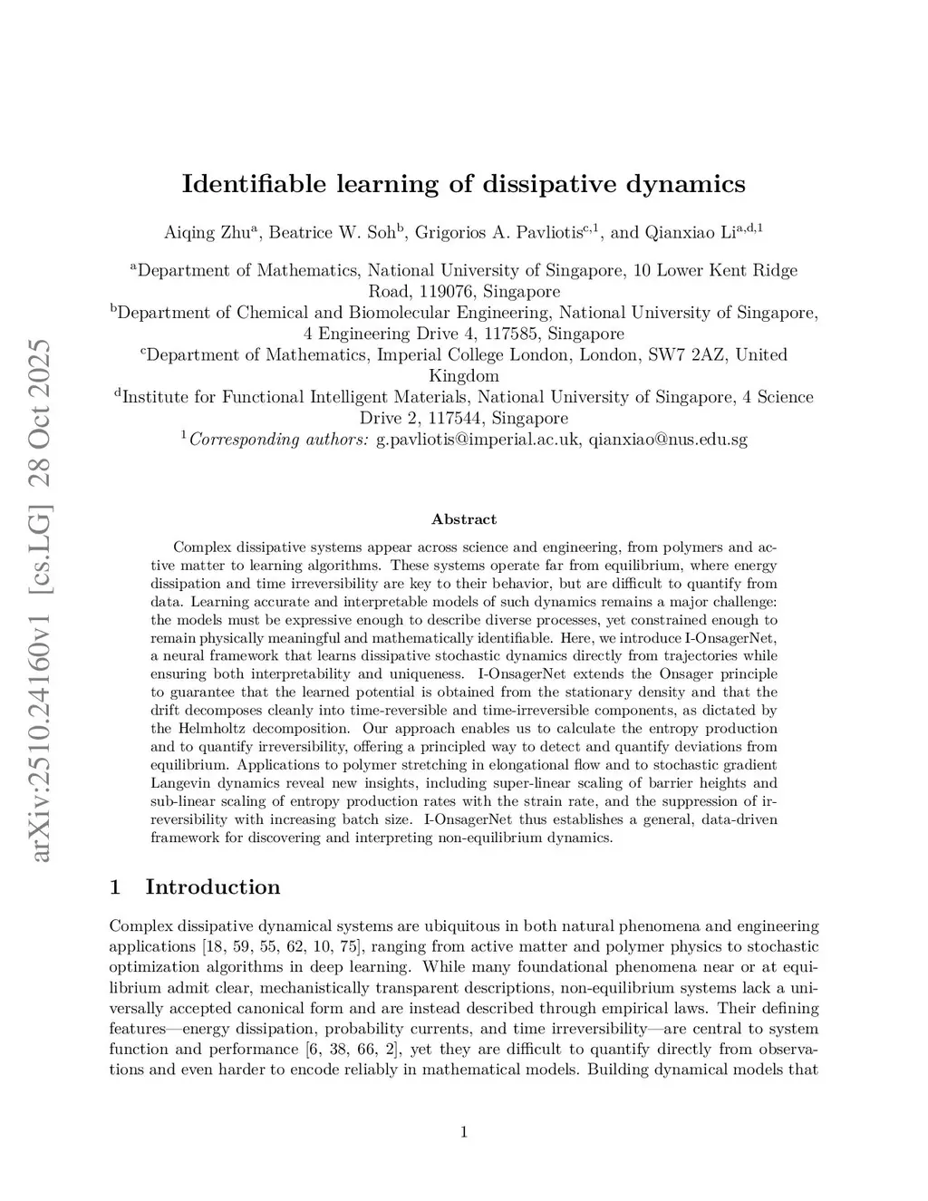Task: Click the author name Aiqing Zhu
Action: point(209,233)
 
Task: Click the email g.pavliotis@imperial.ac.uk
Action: point(478,441)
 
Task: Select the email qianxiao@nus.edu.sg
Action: point(668,441)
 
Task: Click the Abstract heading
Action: point(464,519)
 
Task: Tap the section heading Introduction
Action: point(213,886)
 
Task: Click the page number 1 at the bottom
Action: point(464,1131)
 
